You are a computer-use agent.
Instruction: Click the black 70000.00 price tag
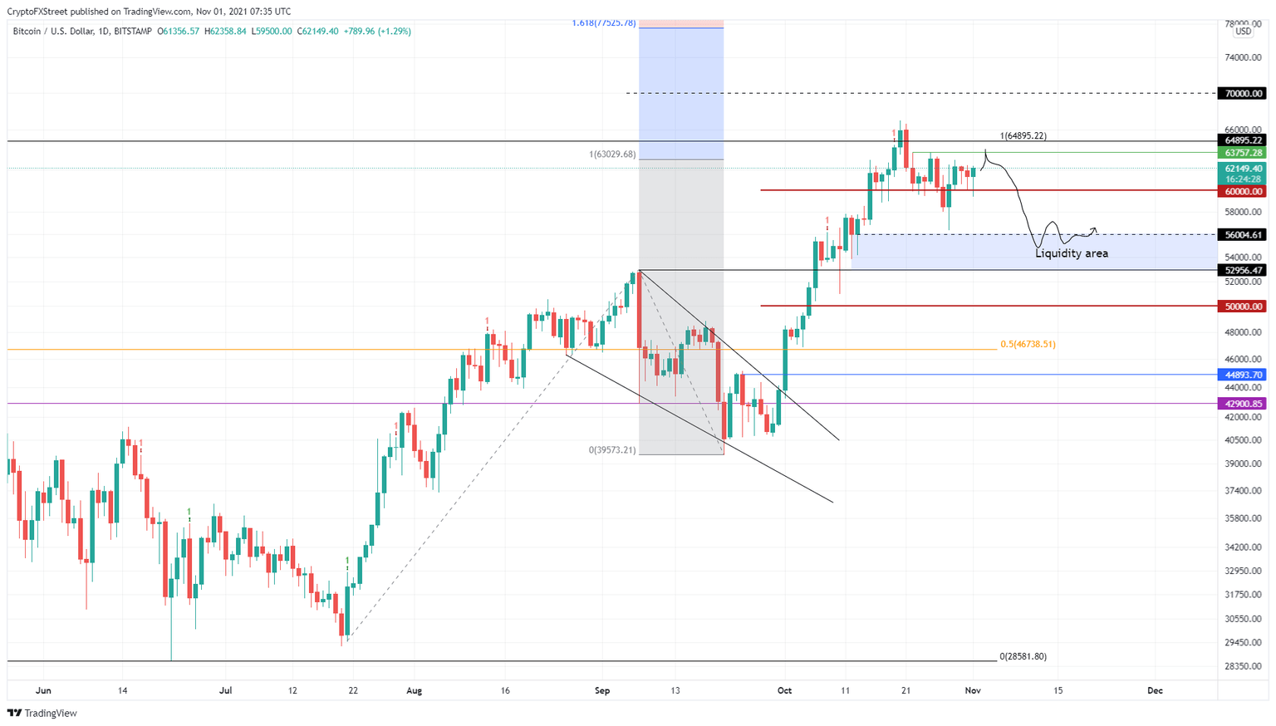(x=1243, y=94)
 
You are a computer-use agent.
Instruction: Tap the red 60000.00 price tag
(x=1243, y=191)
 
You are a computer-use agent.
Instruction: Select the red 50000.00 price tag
(x=1243, y=307)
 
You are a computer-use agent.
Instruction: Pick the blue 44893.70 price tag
(x=1243, y=375)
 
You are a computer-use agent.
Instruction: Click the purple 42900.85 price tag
(x=1243, y=404)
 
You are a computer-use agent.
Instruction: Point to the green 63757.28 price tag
(x=1243, y=153)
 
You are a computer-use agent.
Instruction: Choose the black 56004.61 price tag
(x=1243, y=235)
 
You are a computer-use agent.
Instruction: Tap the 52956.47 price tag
(x=1243, y=270)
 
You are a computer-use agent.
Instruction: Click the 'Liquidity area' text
(x=1071, y=253)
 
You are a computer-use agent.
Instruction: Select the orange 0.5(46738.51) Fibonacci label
(x=1028, y=344)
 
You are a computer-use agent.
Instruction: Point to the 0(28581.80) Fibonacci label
(x=1023, y=656)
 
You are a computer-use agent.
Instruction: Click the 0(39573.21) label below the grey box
(x=612, y=450)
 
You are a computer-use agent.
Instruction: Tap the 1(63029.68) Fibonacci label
(x=612, y=155)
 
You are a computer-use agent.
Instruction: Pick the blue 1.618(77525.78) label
(x=604, y=22)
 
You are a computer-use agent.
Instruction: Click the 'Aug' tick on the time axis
(x=415, y=690)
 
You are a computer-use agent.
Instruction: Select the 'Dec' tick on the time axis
(x=1154, y=690)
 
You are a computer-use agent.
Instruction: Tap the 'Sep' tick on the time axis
(x=602, y=690)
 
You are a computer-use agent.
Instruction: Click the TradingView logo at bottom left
(x=42, y=713)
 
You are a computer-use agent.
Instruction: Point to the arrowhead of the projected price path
(x=1096, y=229)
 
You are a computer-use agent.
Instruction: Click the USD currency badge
(x=1243, y=32)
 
